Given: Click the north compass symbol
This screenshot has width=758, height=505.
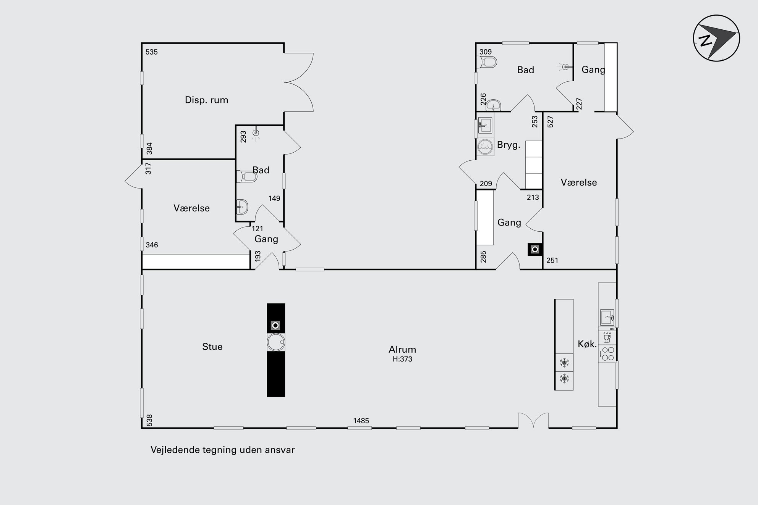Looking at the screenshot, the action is pyautogui.click(x=716, y=38).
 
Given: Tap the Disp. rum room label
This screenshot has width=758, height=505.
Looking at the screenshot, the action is pyautogui.click(x=206, y=100).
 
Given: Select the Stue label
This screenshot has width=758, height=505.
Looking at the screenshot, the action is pyautogui.click(x=212, y=347).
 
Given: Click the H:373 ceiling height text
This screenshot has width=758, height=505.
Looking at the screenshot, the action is pyautogui.click(x=402, y=359).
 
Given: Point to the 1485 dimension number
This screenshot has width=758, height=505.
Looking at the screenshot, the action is pyautogui.click(x=361, y=421).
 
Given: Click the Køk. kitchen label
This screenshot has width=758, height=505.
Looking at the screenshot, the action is pyautogui.click(x=587, y=344).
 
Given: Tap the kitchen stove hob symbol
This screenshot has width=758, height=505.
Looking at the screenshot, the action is pyautogui.click(x=607, y=354).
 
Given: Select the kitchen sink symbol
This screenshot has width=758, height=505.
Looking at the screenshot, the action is pyautogui.click(x=607, y=317).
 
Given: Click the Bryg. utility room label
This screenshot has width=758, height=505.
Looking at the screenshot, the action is pyautogui.click(x=509, y=145).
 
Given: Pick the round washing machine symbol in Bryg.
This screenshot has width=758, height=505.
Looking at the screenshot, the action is pyautogui.click(x=485, y=147).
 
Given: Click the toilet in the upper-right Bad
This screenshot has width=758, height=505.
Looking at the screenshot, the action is pyautogui.click(x=487, y=62).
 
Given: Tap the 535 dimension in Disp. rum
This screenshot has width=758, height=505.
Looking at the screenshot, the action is pyautogui.click(x=152, y=52).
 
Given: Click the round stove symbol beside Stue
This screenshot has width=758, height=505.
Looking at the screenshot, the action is pyautogui.click(x=276, y=342).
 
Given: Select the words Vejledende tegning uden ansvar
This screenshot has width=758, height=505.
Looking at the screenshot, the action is pyautogui.click(x=223, y=450).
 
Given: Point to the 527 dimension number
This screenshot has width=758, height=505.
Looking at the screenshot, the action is pyautogui.click(x=551, y=121).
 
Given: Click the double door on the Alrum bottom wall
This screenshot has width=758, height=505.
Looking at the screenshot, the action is pyautogui.click(x=533, y=420).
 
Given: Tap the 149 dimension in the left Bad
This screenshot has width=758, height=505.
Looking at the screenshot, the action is pyautogui.click(x=274, y=198).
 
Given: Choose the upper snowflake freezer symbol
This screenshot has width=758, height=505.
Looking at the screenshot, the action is pyautogui.click(x=564, y=362).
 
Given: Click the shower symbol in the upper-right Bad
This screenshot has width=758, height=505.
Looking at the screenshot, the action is pyautogui.click(x=565, y=67).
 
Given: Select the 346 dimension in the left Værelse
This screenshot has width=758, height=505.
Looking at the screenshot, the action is pyautogui.click(x=152, y=245).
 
